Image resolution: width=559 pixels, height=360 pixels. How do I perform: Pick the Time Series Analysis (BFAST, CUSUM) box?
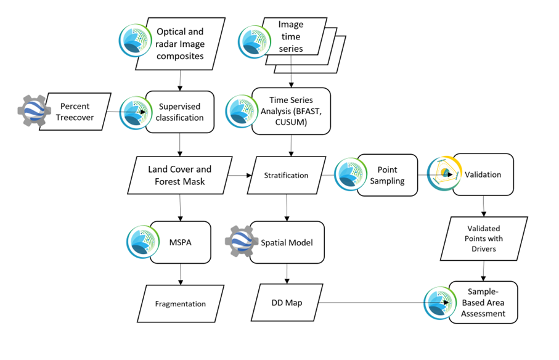(x=292, y=112)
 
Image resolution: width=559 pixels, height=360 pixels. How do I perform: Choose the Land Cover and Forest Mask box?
(x=179, y=175)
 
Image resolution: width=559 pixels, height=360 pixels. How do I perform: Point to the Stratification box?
(x=286, y=175)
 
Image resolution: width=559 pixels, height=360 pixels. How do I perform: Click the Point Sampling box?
(x=386, y=175)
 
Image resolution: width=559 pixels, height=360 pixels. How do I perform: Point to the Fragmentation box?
(x=179, y=303)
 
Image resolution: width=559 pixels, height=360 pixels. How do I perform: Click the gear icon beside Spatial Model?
(x=242, y=243)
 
